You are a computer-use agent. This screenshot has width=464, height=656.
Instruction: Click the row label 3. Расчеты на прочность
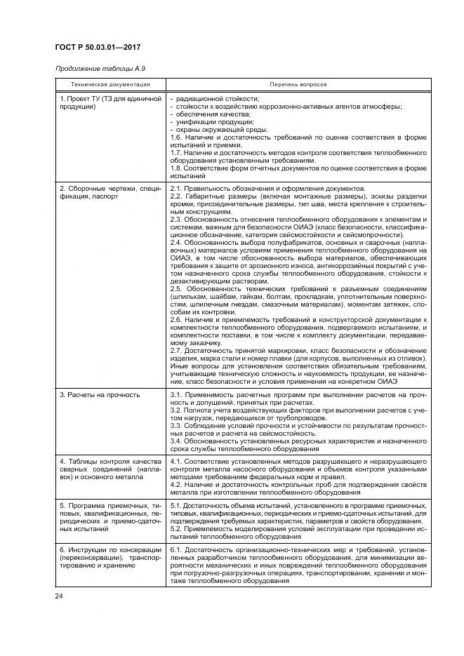click(x=99, y=395)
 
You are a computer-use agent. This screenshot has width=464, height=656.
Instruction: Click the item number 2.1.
click(x=176, y=189)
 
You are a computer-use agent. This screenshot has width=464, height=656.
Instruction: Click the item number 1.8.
click(x=176, y=168)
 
